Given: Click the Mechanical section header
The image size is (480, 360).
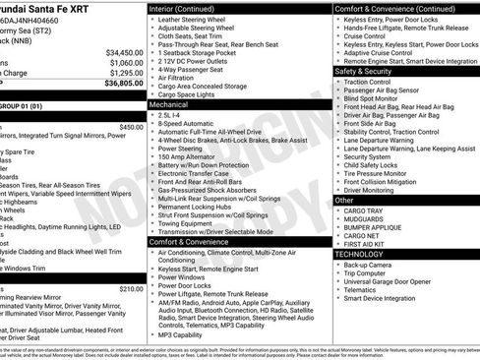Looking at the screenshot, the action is click(168, 103).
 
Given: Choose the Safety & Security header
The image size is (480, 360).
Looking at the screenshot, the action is click(363, 72).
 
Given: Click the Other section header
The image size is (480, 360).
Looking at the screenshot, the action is click(345, 200).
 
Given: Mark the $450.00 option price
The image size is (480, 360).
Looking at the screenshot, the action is click(131, 127).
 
